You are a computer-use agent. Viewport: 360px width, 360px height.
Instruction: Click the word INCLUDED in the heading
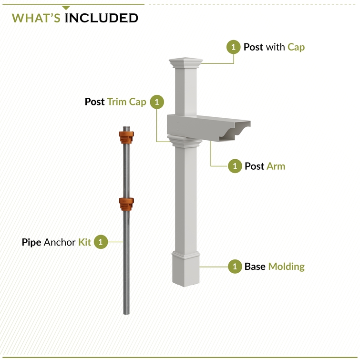(101, 18)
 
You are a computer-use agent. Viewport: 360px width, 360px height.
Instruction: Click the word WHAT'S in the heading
(36, 18)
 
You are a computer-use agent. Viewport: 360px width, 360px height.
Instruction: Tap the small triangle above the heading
(66, 8)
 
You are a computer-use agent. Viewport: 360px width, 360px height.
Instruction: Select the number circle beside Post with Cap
(234, 47)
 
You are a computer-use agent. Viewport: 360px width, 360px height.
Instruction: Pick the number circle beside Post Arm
(235, 166)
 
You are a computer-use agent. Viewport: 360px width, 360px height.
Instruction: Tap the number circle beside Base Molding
(235, 266)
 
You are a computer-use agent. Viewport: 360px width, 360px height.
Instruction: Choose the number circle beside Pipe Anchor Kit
(100, 242)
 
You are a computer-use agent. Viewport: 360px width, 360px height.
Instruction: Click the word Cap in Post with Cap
(296, 47)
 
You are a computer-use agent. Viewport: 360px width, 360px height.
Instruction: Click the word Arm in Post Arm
(276, 166)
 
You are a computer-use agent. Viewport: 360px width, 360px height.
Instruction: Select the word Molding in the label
(286, 266)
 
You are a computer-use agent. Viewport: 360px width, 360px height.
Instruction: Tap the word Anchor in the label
(60, 242)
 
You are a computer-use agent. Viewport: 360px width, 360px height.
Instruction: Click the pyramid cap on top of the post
(185, 62)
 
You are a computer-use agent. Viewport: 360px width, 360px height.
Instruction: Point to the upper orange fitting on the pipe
(125, 137)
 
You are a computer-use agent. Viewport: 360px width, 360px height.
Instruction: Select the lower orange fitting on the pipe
(126, 203)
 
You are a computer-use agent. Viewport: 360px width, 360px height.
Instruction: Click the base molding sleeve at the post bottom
(185, 269)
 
